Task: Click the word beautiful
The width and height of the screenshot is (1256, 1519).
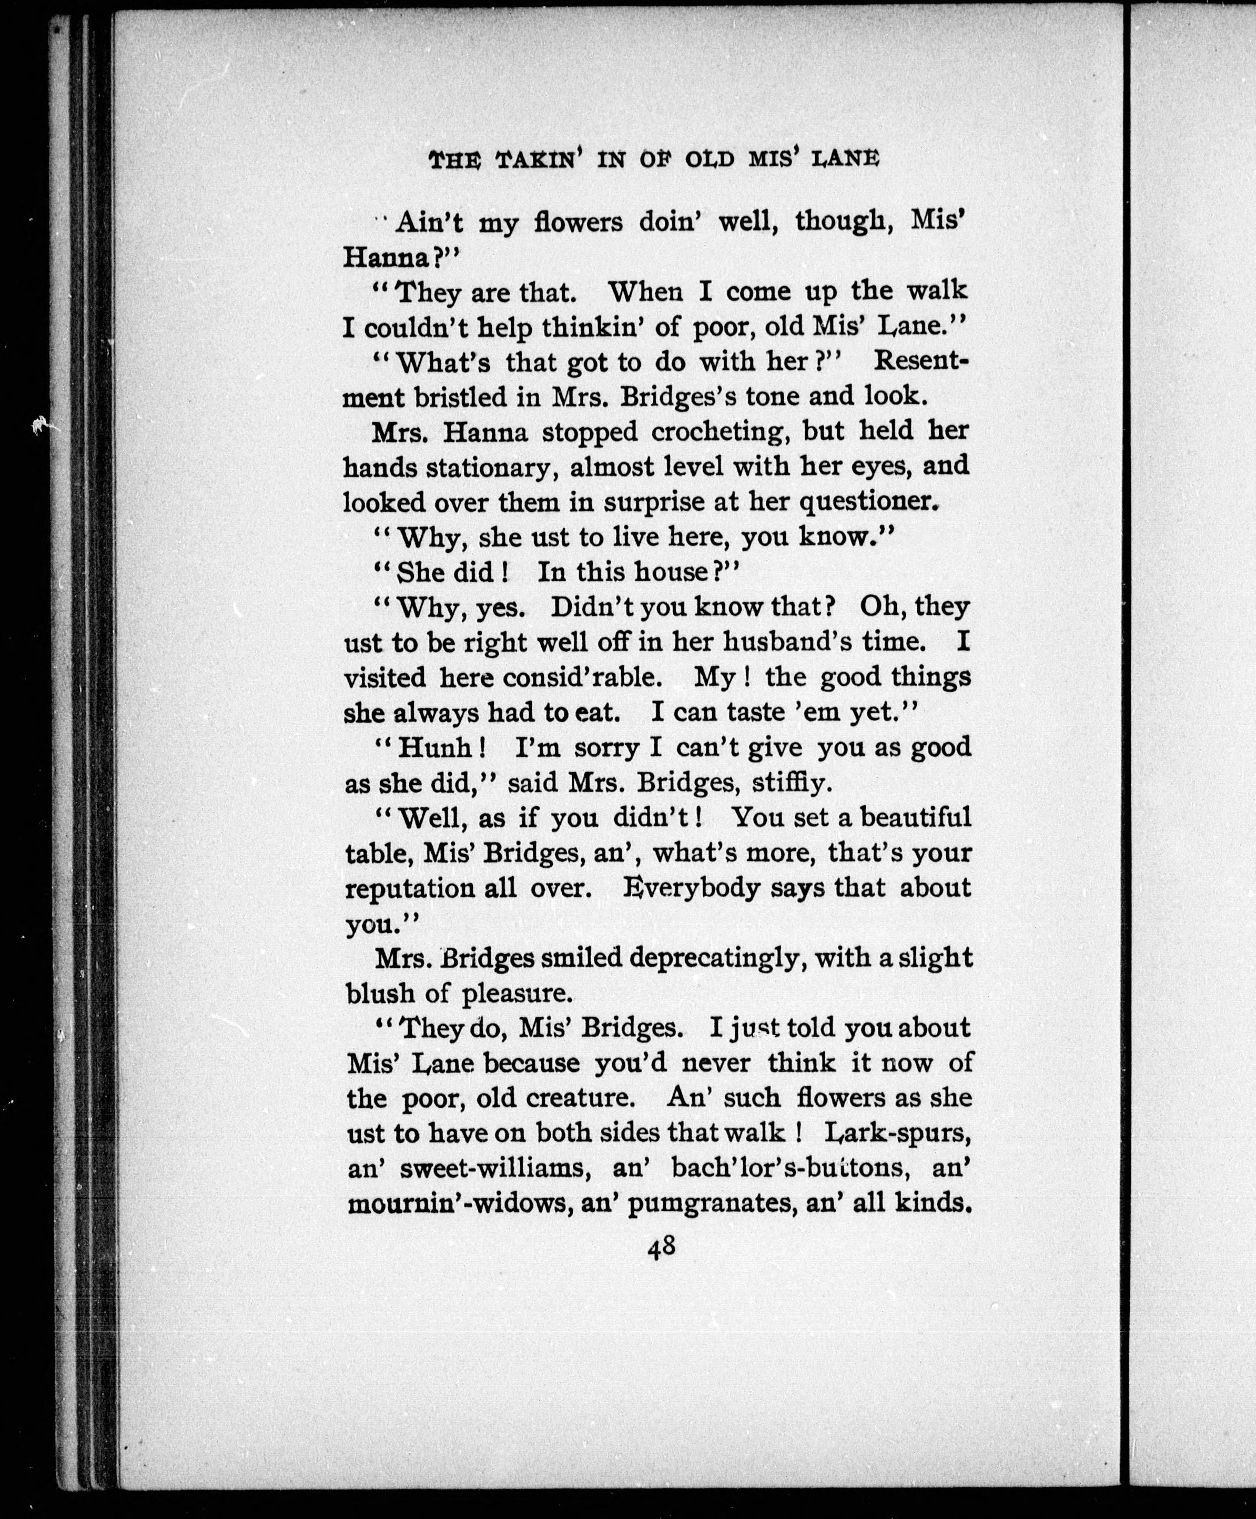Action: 915,818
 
